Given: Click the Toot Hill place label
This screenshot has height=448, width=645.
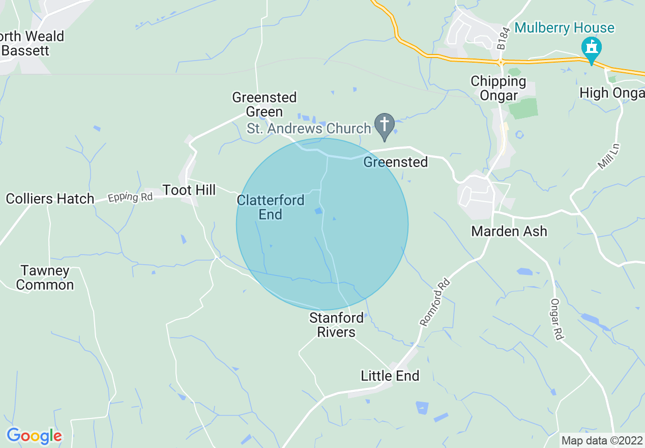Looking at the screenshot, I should [x=189, y=190].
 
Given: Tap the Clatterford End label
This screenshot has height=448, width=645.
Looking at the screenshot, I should [x=271, y=207].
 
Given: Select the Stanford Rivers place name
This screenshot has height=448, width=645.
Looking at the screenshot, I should [x=336, y=325].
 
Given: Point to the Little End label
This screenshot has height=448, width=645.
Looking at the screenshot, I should [x=390, y=376].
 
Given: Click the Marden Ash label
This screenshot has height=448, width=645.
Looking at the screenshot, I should [x=509, y=231].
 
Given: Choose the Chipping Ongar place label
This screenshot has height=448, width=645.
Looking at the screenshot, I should [x=498, y=88].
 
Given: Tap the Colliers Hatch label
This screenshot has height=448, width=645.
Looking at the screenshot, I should [x=50, y=199].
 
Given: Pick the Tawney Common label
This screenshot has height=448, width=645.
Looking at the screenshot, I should [x=45, y=277].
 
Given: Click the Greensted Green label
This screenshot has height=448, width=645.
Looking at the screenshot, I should [x=264, y=104].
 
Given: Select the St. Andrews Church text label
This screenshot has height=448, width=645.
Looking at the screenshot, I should [x=309, y=128].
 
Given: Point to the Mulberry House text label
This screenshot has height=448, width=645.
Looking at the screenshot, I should [x=564, y=27].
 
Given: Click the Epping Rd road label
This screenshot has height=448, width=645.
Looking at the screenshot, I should [x=130, y=197].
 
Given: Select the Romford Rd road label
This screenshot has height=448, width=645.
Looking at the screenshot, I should [x=435, y=301].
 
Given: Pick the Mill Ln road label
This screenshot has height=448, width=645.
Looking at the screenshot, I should [x=608, y=156].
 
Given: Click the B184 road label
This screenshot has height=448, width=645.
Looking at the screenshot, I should [x=502, y=39].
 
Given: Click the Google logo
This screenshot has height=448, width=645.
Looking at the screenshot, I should [x=34, y=436].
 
